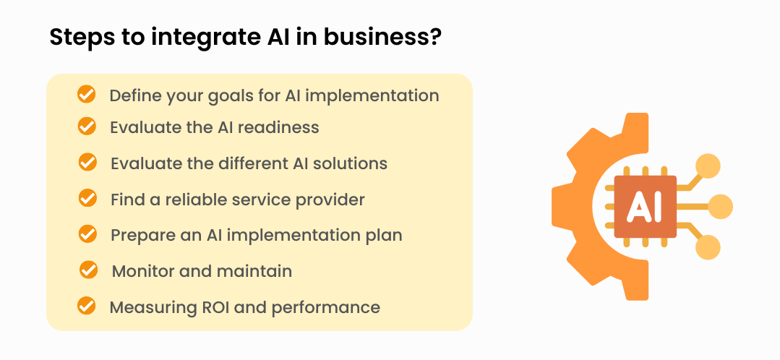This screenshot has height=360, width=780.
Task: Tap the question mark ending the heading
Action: tap(434, 37)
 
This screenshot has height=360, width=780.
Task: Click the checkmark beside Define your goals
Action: tap(86, 94)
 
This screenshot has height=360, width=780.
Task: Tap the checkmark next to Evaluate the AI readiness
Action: tap(87, 126)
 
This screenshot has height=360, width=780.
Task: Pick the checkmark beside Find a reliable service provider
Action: tap(87, 197)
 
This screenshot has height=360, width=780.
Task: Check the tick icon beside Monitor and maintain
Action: tap(88, 270)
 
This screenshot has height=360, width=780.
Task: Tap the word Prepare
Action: tap(139, 236)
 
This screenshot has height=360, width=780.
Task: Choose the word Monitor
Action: tap(141, 271)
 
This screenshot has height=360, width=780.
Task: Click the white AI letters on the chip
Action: tap(644, 207)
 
